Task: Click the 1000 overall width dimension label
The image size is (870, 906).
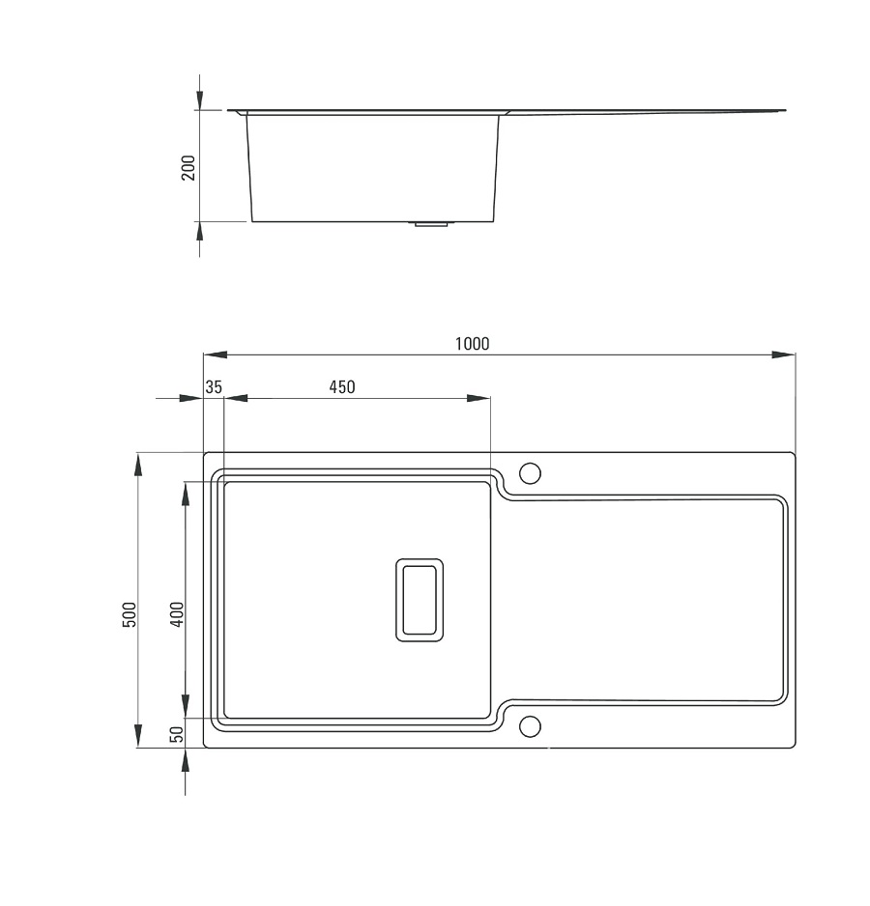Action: pyautogui.click(x=472, y=344)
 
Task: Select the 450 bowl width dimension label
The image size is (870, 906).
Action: pyautogui.click(x=342, y=387)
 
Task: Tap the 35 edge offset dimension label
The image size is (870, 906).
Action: pyautogui.click(x=214, y=387)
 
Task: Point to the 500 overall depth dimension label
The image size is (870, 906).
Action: pyautogui.click(x=130, y=614)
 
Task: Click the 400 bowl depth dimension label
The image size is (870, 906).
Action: pyautogui.click(x=177, y=614)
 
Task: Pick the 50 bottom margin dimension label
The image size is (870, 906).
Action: pyautogui.click(x=177, y=734)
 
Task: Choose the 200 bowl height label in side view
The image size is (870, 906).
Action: pyautogui.click(x=188, y=167)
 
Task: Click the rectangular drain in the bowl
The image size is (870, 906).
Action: pyautogui.click(x=420, y=600)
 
